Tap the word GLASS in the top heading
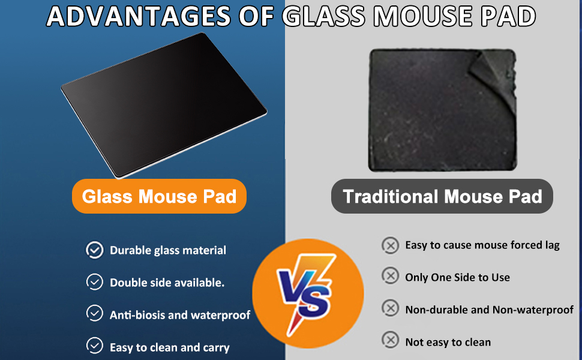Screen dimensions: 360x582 coord(322,17)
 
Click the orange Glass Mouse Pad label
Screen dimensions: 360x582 coord(159,196)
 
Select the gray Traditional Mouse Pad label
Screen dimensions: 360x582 coord(442,196)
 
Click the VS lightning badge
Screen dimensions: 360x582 coord(307,293)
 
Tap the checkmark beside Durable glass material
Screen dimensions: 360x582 coord(95,250)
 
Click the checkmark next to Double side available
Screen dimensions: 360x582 coord(95,282)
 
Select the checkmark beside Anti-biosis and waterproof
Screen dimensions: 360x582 coord(95,314)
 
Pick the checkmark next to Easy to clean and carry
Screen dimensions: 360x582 coord(95,346)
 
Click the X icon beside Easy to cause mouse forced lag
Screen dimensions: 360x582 coord(391,245)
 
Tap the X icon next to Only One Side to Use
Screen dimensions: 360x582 coord(391,277)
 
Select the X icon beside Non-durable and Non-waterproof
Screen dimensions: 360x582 coord(391,309)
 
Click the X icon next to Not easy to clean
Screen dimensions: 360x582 coord(391,341)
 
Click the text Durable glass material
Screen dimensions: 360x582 coord(168,251)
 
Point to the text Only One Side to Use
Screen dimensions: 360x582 coord(457,277)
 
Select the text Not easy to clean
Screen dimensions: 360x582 coord(448,342)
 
